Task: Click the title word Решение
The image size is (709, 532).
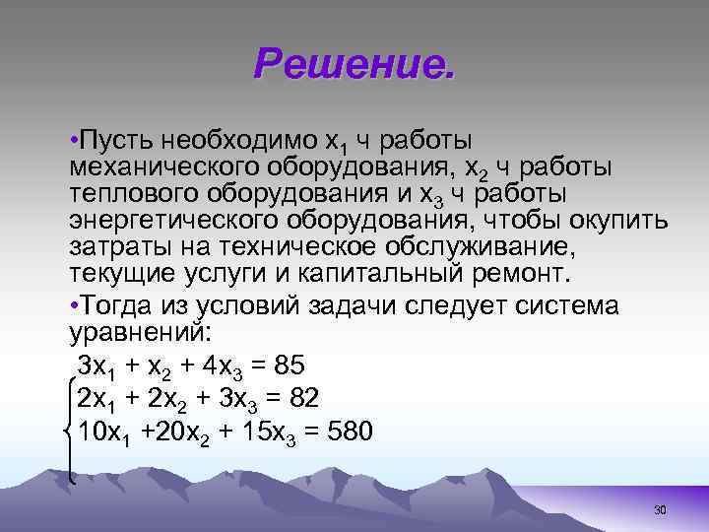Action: (354, 64)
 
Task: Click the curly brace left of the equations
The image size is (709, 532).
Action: (66, 431)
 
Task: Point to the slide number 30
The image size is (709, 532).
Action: (660, 509)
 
